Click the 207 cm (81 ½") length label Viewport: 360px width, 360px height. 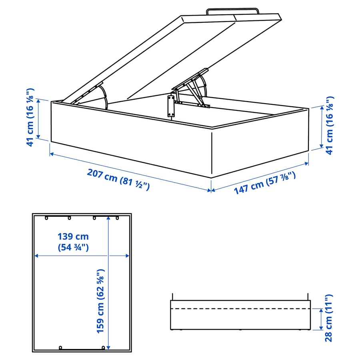(118, 180)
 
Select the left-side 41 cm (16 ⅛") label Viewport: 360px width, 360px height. (31, 117)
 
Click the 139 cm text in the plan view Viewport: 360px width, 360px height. (73, 237)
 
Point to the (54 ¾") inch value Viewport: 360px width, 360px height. (73, 248)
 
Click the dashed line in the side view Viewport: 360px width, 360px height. (240, 309)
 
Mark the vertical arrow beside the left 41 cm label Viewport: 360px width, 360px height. (39, 119)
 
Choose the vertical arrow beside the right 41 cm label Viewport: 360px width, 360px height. (321, 127)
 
